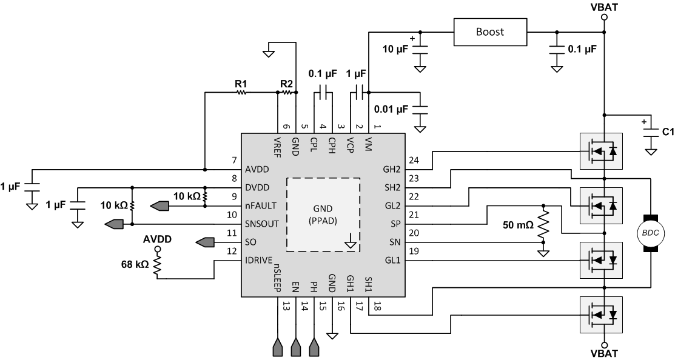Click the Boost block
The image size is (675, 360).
[489, 32]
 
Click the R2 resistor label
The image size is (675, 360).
[286, 83]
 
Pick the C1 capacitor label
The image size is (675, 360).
[668, 130]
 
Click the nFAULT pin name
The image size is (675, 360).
[263, 205]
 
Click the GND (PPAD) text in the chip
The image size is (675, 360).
[323, 214]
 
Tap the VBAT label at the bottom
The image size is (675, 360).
[603, 353]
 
